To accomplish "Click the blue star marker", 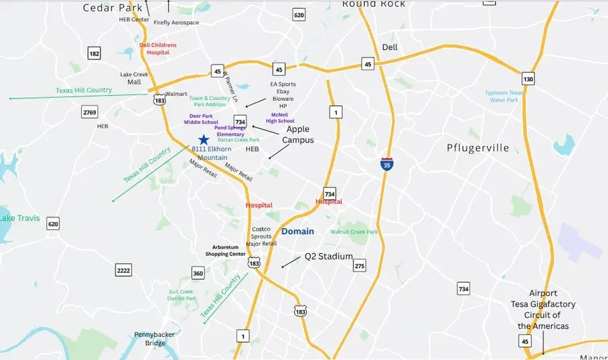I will tap(203, 139).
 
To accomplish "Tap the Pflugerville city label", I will tap(478, 147).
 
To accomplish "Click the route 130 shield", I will tap(528, 79).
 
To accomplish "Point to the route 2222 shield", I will tap(123, 270).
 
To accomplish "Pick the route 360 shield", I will tap(198, 273).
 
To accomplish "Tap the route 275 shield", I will tap(359, 265).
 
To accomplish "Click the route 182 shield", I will tap(94, 53).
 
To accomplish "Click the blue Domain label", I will tap(298, 231).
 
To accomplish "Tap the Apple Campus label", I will tap(298, 134).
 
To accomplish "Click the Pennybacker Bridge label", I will tap(155, 338).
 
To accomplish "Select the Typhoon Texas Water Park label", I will tap(504, 96).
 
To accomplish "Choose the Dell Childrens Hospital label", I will tap(158, 49).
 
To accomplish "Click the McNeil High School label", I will tap(279, 118).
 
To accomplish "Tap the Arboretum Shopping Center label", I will tap(224, 251).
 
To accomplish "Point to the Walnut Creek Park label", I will tap(354, 232).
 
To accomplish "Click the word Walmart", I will tap(176, 94).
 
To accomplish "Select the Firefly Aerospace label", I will tap(176, 22).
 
